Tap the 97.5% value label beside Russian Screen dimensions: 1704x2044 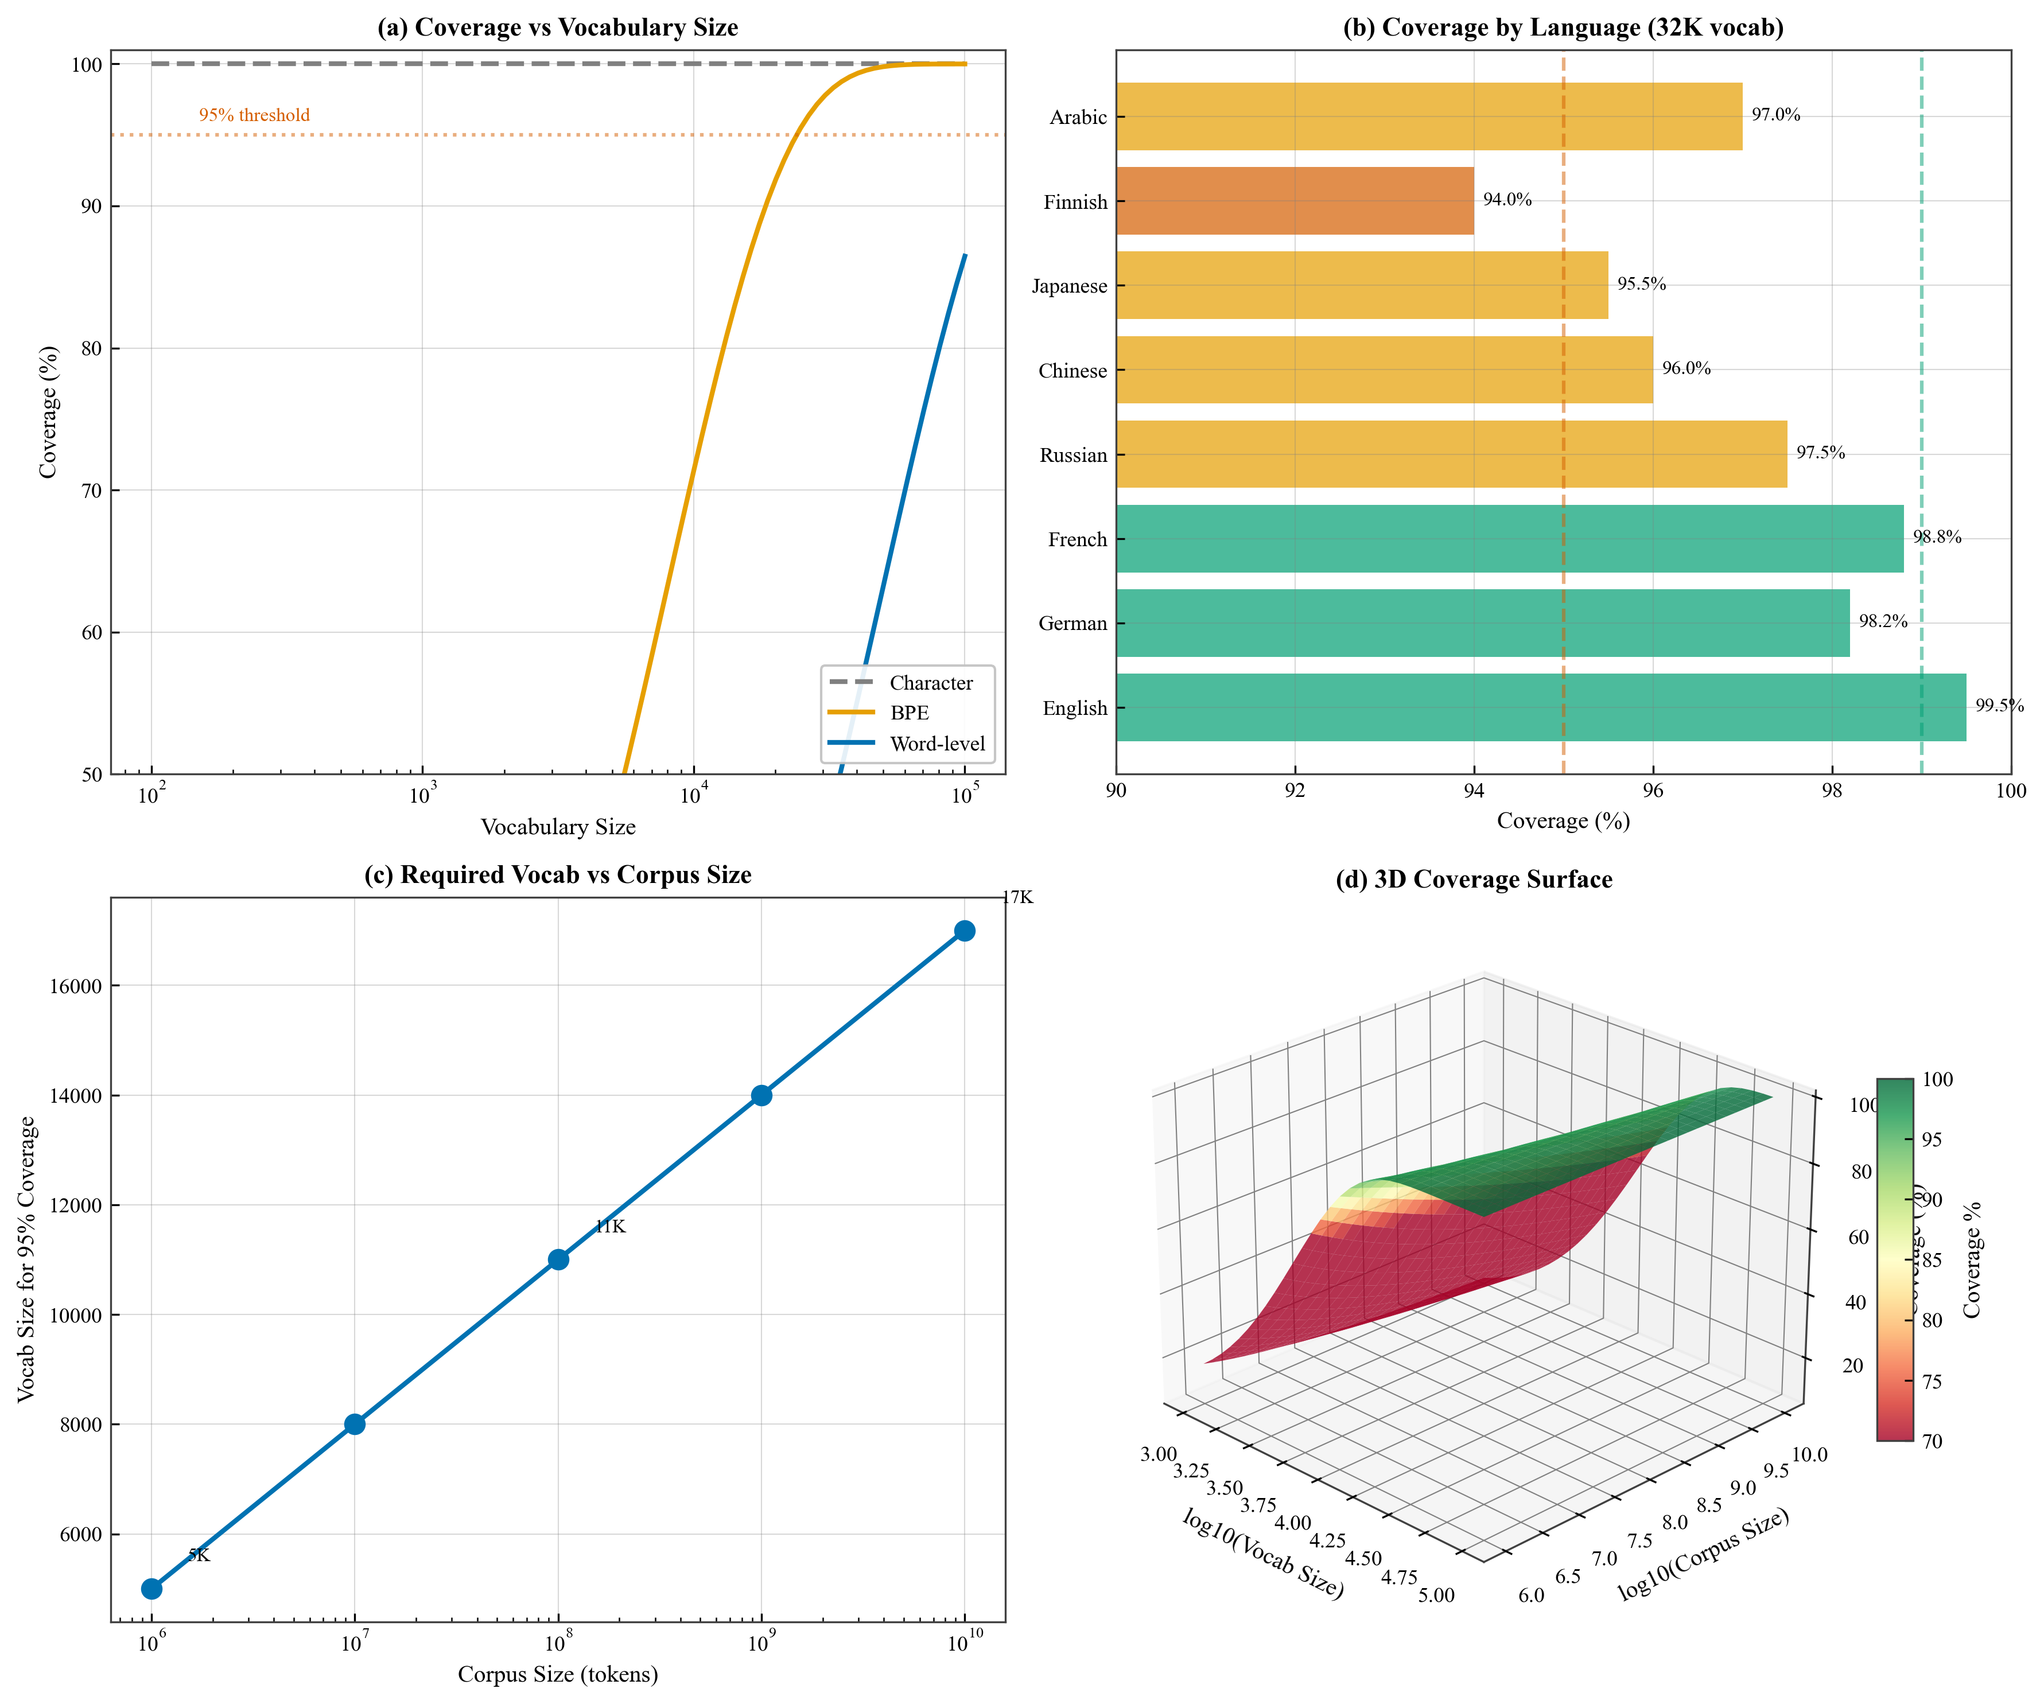(x=1820, y=453)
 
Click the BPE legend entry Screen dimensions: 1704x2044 (x=909, y=713)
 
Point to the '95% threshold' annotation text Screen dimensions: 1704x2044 (x=254, y=115)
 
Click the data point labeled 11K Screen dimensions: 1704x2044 (x=558, y=1259)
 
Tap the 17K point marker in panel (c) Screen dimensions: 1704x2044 (x=965, y=931)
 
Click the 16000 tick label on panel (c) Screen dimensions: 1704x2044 (x=75, y=986)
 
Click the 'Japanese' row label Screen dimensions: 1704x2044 (x=1068, y=286)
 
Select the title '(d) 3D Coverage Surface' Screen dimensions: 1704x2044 (x=1474, y=880)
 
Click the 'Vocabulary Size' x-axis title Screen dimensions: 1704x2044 (x=558, y=827)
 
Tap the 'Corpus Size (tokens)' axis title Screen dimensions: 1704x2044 (x=558, y=1674)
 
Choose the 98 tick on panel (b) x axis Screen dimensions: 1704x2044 (x=1832, y=790)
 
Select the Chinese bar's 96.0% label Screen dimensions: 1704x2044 (x=1686, y=368)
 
